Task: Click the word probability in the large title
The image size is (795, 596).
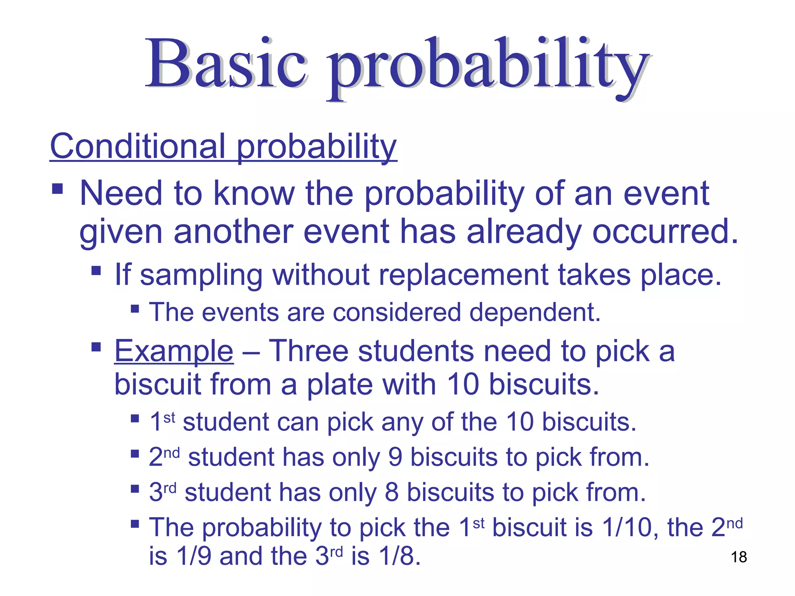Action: click(487, 68)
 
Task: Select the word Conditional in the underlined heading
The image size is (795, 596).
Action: click(138, 146)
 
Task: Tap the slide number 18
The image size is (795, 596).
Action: click(739, 557)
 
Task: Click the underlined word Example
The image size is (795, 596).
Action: click(174, 351)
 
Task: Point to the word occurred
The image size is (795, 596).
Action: click(665, 232)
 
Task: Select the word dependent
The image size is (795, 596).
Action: click(535, 313)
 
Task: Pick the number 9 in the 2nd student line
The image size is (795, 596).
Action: click(395, 457)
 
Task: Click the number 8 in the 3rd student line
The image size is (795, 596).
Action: click(391, 492)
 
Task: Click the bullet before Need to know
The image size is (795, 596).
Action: click(57, 189)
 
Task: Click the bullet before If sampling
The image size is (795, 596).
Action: click(96, 270)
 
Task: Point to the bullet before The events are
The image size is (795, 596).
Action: click(135, 309)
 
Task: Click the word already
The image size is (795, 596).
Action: click(524, 232)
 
